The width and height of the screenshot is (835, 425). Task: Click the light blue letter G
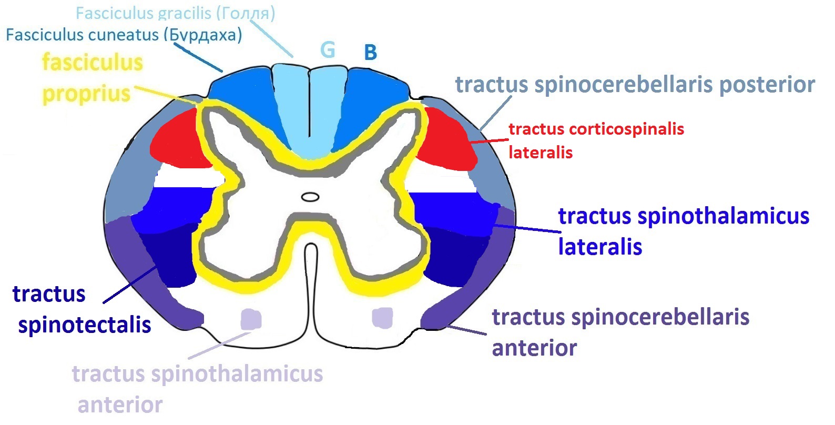click(x=328, y=50)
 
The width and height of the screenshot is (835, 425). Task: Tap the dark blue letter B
click(x=370, y=52)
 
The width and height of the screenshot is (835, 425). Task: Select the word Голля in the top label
click(x=246, y=14)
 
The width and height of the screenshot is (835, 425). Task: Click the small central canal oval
click(x=310, y=197)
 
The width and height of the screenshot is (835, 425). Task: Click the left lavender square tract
click(x=251, y=319)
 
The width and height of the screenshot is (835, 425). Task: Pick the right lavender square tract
click(x=382, y=318)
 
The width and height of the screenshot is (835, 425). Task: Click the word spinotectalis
click(x=85, y=325)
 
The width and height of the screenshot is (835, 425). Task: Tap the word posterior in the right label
click(x=767, y=86)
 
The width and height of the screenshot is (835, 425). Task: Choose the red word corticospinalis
click(x=627, y=129)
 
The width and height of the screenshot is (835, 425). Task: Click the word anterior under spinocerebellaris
click(x=535, y=348)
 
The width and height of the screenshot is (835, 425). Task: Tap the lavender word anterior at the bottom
click(x=120, y=405)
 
